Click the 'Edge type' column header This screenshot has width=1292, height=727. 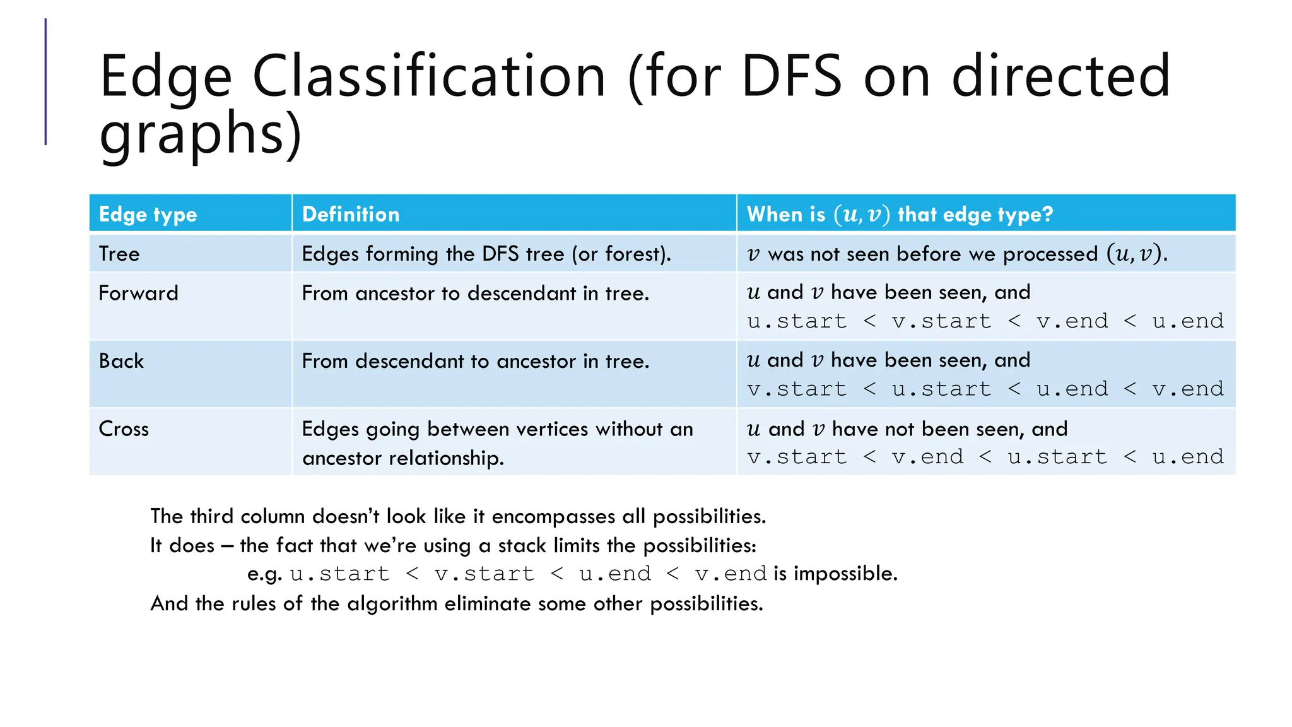click(148, 215)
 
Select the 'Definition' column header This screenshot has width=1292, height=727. click(350, 215)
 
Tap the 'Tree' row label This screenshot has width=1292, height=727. click(119, 254)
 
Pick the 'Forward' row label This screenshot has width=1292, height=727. click(138, 293)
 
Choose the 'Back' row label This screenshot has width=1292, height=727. click(121, 361)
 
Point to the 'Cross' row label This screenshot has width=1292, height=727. click(124, 429)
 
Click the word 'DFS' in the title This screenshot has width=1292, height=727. click(791, 76)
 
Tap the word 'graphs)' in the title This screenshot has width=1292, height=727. click(201, 133)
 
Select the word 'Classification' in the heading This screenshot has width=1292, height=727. click(429, 76)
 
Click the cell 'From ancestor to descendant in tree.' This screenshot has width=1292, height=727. click(475, 293)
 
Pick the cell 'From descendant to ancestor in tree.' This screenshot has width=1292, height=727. click(475, 362)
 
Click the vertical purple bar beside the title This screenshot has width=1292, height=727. click(45, 82)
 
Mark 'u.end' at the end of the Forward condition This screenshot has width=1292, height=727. click(1188, 321)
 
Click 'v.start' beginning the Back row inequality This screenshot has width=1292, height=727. click(797, 389)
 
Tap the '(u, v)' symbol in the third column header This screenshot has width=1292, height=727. click(862, 215)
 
